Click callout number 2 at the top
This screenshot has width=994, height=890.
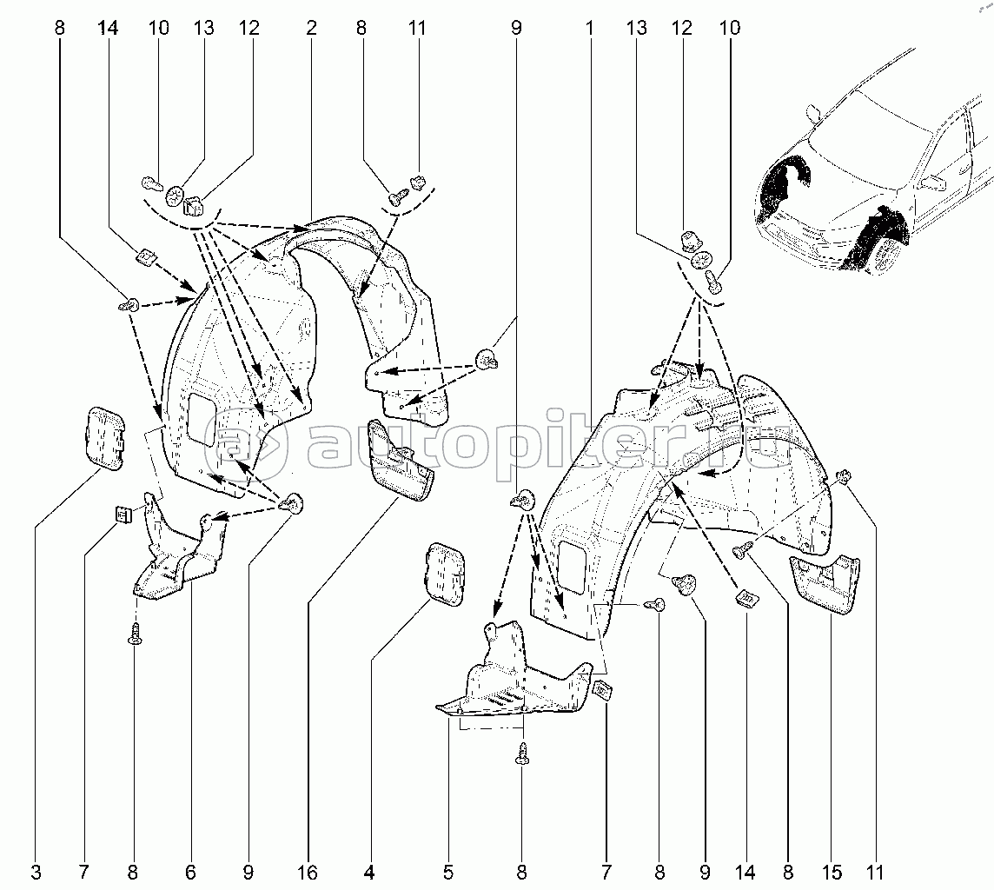[x=311, y=28]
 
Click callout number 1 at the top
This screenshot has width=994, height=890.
[x=590, y=28]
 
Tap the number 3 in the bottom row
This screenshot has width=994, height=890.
[x=36, y=873]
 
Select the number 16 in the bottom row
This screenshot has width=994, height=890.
[x=308, y=873]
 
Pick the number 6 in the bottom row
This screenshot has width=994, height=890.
[x=190, y=873]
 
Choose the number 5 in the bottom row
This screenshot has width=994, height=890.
[x=448, y=873]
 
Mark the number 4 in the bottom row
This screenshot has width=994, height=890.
[x=369, y=873]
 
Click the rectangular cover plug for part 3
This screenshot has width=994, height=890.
[x=104, y=437]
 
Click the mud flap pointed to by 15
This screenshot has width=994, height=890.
[x=825, y=583]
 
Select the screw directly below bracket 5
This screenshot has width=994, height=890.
[x=522, y=754]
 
